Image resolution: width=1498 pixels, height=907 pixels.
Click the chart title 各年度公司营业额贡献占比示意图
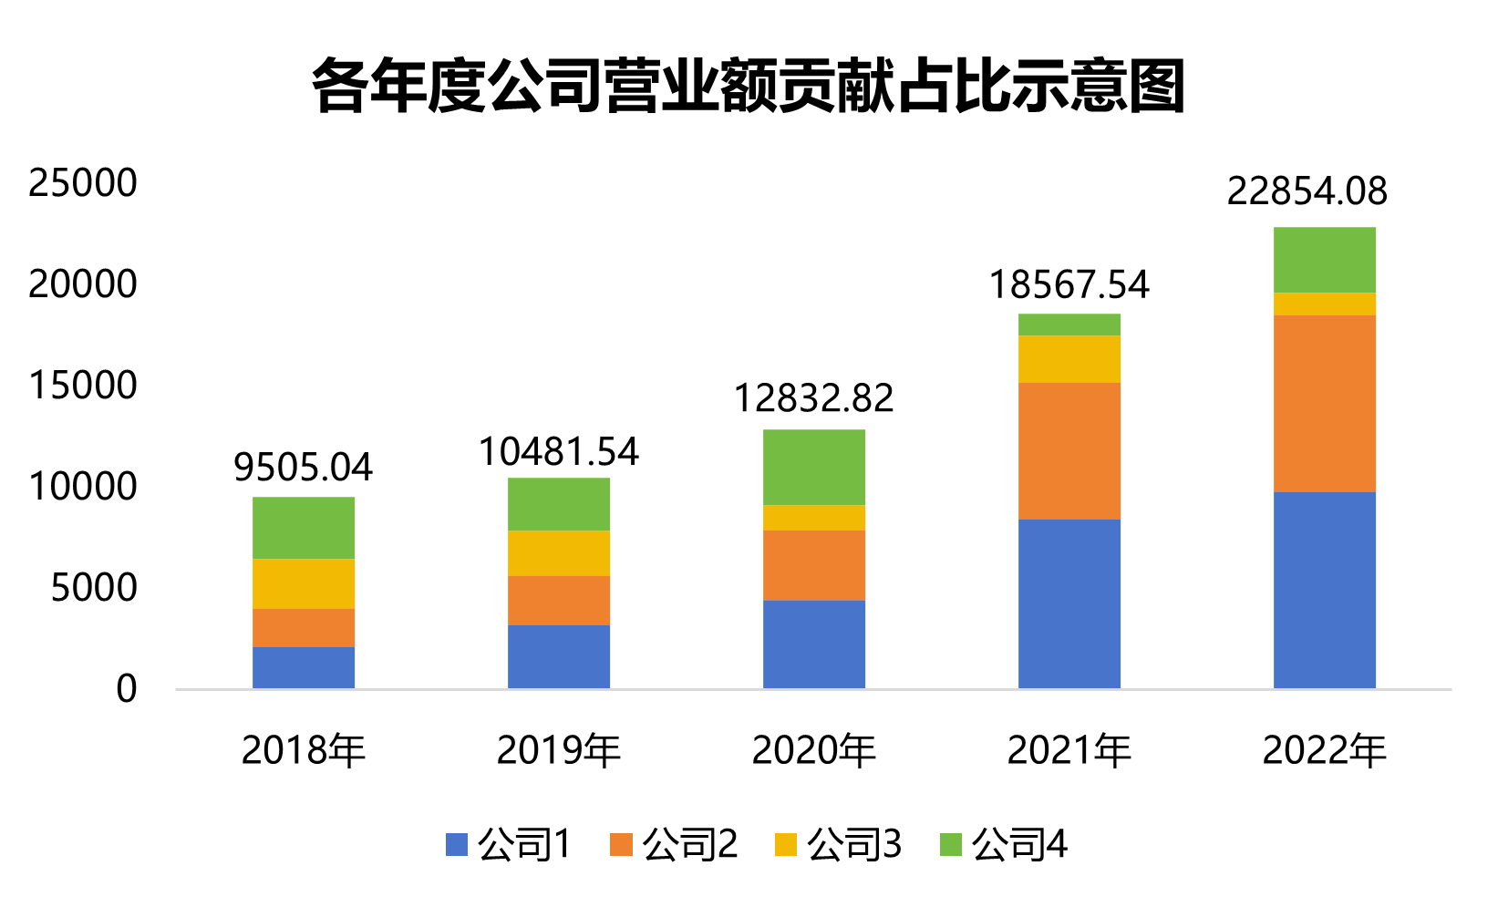tap(748, 88)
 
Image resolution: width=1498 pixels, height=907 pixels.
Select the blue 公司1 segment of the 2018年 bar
tap(303, 667)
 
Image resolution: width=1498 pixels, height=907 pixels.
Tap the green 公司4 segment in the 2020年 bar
tap(813, 467)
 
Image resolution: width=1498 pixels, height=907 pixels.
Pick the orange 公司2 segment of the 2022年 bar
tap(1324, 403)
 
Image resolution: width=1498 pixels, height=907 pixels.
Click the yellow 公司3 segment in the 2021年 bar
tap(1069, 359)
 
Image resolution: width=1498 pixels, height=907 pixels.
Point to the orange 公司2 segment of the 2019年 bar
tap(558, 600)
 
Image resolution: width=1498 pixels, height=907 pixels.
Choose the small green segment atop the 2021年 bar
tap(1069, 325)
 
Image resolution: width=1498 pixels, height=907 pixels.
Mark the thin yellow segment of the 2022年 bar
tap(1324, 304)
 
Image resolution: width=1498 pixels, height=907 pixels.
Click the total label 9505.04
tap(303, 468)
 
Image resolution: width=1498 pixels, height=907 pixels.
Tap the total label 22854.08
tap(1307, 191)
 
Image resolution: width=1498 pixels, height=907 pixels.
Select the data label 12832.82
tap(813, 398)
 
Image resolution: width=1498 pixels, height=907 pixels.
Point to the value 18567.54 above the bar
tap(1069, 285)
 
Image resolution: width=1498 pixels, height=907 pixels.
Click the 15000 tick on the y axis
tap(83, 386)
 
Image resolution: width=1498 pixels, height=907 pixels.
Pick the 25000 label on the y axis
tap(83, 183)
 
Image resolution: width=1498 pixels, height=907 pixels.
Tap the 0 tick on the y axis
tap(127, 689)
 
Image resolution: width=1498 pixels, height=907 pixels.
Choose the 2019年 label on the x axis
tap(558, 750)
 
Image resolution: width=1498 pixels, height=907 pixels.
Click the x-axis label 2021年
tap(1069, 750)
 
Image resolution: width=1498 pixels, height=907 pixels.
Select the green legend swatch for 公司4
tap(951, 845)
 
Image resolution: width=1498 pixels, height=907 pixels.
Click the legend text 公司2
tap(689, 845)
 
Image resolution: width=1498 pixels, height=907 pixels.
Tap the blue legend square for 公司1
tap(457, 845)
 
